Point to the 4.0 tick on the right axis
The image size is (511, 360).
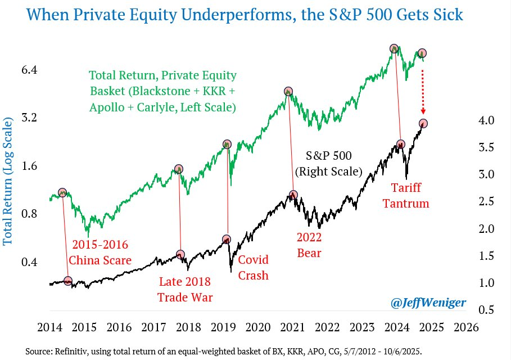pyautogui.click(x=486, y=120)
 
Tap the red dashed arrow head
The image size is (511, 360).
pyautogui.click(x=423, y=112)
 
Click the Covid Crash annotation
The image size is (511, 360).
pyautogui.click(x=254, y=268)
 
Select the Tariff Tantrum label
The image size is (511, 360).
pyautogui.click(x=405, y=195)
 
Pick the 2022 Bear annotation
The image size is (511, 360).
pyautogui.click(x=310, y=245)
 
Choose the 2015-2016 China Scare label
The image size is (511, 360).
pyautogui.click(x=100, y=253)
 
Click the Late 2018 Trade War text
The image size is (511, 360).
pyautogui.click(x=185, y=289)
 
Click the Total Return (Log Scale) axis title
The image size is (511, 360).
pyautogui.click(x=8, y=182)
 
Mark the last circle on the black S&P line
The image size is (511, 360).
pyautogui.click(x=423, y=123)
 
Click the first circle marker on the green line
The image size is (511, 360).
pyautogui.click(x=62, y=192)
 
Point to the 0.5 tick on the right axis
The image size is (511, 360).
pyautogui.click(x=486, y=309)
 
